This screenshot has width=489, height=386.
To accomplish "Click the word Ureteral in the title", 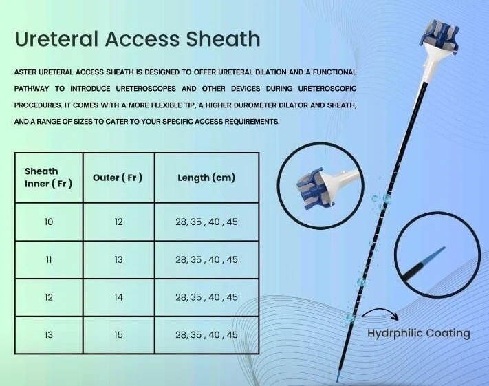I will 54,39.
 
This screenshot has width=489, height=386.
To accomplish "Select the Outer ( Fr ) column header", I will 118,178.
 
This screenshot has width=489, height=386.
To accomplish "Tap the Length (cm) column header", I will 206,178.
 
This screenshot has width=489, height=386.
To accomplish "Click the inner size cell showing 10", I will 48,222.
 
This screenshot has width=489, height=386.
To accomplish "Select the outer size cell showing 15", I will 118,334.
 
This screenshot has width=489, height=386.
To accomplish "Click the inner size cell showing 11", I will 48,259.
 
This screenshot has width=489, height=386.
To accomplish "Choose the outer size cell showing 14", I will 118,297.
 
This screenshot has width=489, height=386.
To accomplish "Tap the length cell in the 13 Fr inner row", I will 206,334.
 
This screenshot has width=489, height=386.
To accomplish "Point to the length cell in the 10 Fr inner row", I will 206,222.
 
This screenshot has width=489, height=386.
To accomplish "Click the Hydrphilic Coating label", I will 418,333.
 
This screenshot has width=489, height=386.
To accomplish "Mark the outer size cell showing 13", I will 118,259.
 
